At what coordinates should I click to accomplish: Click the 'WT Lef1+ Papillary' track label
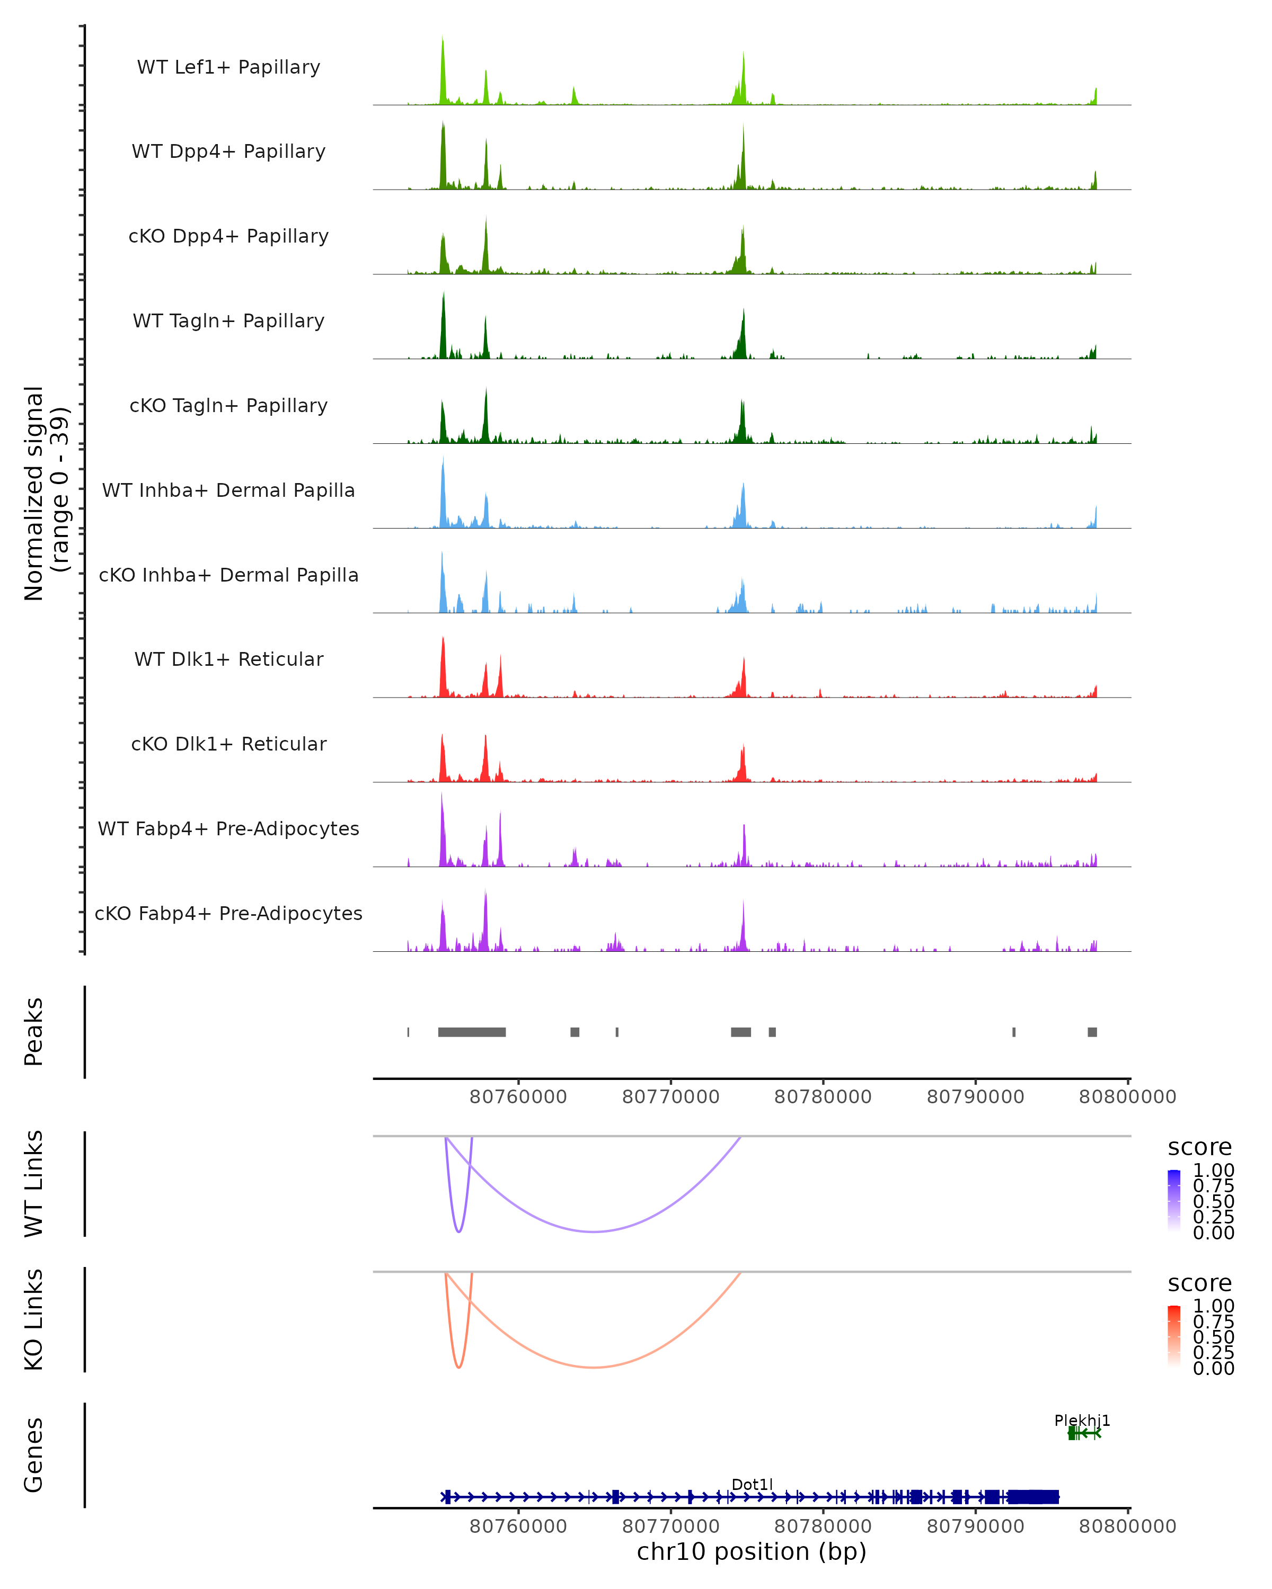tap(228, 67)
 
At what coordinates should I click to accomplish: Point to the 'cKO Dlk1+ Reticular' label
tap(228, 744)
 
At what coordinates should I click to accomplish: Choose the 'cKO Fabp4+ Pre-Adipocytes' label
tap(228, 913)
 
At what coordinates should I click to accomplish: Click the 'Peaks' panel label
tap(34, 1032)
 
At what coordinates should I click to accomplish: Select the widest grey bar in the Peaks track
tap(472, 1032)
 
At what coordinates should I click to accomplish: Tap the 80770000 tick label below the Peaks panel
tap(670, 1097)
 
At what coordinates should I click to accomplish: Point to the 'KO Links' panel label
tap(34, 1319)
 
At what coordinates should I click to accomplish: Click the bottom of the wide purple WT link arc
tap(594, 1231)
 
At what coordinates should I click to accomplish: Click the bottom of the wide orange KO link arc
tap(594, 1367)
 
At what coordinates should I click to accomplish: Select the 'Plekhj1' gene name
tap(1082, 1420)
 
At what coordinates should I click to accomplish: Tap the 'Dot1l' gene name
tap(752, 1484)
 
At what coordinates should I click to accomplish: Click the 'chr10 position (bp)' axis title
tap(752, 1551)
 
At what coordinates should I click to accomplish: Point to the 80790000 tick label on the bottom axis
tap(975, 1525)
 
